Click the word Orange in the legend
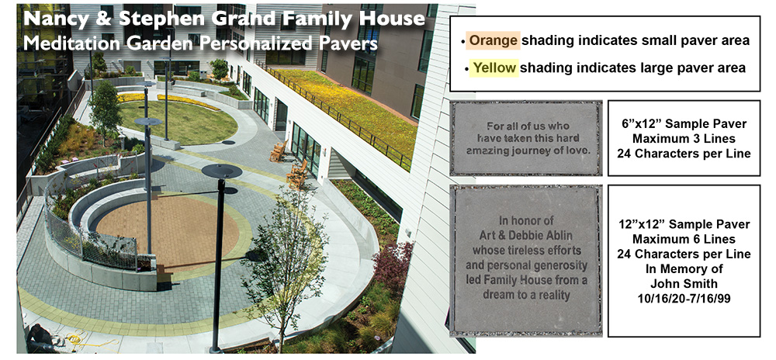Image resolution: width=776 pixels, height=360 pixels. click(x=494, y=40)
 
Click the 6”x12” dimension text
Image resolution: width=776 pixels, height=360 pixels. click(x=643, y=123)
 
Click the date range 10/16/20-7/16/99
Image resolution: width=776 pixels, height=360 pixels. click(x=684, y=299)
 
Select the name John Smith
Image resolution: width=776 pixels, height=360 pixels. click(x=683, y=284)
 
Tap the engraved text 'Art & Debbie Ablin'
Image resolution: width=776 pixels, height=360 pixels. click(x=526, y=235)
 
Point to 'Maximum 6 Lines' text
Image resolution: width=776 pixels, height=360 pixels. click(x=684, y=239)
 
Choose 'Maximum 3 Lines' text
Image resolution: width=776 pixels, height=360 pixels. click(x=684, y=139)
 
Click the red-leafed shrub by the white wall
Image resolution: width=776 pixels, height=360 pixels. click(x=393, y=269)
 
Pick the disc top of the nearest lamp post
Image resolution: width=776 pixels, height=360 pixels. click(x=222, y=171)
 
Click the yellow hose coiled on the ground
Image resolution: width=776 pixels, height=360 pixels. click(x=79, y=340)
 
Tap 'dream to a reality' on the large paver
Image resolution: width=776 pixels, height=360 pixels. click(x=526, y=296)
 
